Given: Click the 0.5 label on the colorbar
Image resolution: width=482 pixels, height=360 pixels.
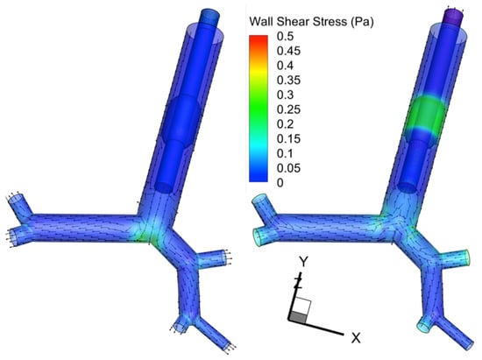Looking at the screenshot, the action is coord(285,36).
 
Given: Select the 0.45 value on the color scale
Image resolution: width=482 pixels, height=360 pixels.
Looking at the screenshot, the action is coord(288,51).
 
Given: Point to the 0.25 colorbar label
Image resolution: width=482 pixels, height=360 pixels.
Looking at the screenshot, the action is coord(288,109).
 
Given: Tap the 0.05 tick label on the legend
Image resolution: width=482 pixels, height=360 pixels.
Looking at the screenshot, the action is coord(288,168).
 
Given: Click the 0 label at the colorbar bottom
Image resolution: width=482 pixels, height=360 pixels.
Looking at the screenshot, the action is coord(280,183).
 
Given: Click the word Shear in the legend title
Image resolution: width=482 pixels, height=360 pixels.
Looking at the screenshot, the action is coord(293,22).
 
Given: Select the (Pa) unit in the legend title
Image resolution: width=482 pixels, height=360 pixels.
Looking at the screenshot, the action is coord(363,22).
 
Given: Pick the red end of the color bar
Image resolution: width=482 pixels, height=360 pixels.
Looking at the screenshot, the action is coord(259,38).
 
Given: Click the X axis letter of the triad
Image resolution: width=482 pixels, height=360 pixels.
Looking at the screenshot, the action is coord(356,338).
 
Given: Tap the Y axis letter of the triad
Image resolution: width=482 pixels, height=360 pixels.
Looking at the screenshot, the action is coord(304,262).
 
